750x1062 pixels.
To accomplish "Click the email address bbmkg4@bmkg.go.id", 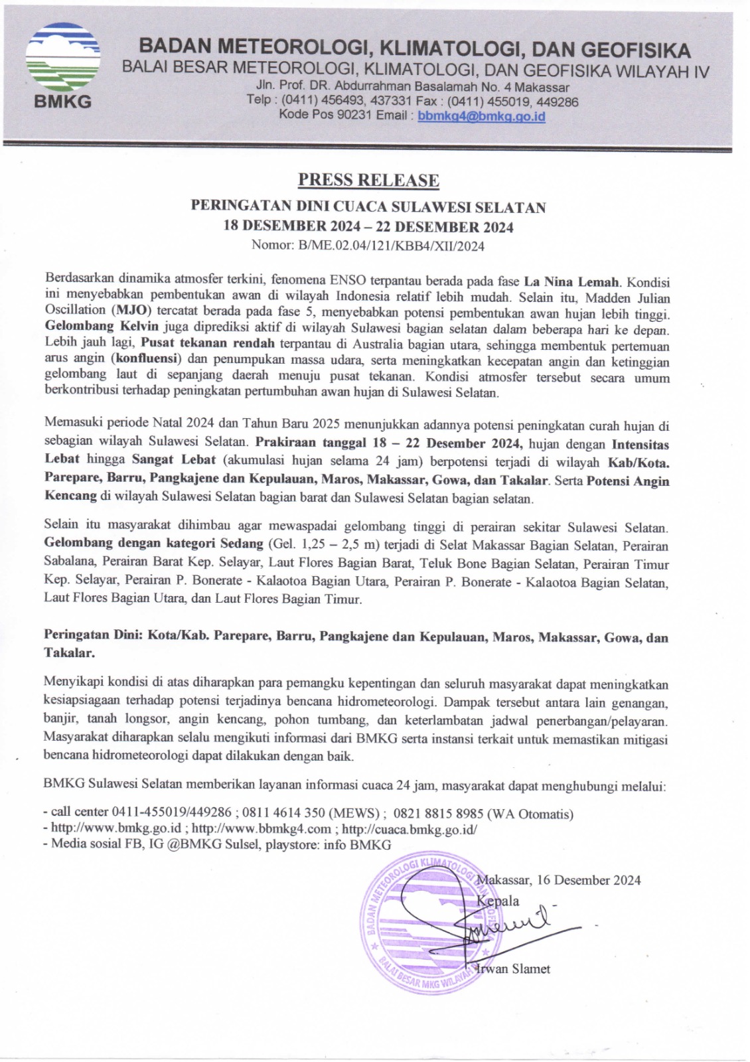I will [481, 116].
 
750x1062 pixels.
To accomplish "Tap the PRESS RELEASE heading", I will [368, 180].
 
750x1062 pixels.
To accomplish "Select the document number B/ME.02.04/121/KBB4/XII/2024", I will [392, 246].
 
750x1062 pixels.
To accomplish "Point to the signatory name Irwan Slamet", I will [514, 969].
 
